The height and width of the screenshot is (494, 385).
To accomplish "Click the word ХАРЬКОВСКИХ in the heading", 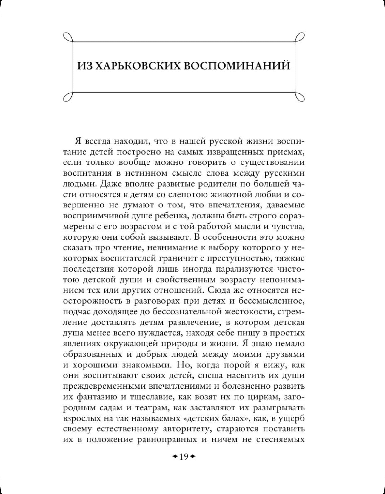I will pyautogui.click(x=136, y=66).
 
